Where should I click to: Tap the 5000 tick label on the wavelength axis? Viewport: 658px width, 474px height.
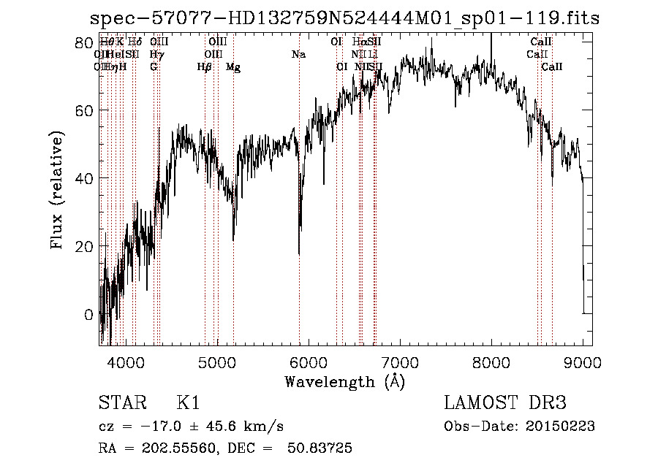click(217, 362)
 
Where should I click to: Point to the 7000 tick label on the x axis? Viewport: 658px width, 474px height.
click(400, 362)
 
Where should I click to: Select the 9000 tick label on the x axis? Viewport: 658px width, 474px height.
click(583, 362)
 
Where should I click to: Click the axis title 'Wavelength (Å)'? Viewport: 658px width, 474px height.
click(344, 381)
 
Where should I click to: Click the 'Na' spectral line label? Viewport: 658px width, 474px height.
click(298, 54)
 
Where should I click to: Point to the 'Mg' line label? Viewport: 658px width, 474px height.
click(233, 67)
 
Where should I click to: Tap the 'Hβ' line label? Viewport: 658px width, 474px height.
click(205, 67)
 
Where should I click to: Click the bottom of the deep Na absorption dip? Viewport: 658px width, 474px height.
click(299, 254)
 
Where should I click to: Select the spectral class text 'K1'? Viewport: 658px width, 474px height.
click(188, 403)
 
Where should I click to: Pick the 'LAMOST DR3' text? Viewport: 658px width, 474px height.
click(505, 403)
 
